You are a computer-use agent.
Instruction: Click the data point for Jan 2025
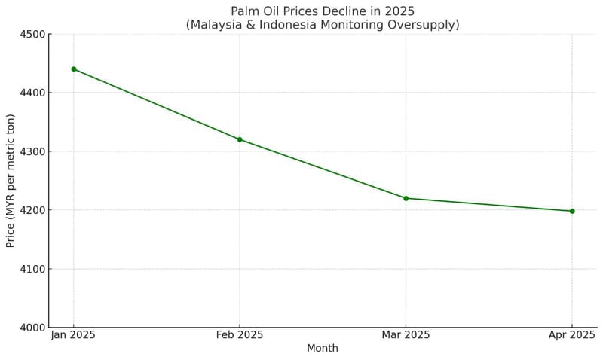coord(74,69)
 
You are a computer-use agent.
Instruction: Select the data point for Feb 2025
coord(240,139)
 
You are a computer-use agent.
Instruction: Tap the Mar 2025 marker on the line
coord(406,198)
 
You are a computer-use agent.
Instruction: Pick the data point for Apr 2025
coord(572,211)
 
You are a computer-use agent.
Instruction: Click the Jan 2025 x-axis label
coord(73,335)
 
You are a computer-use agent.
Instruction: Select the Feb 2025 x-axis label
coord(240,335)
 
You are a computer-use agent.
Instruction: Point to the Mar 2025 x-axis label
coord(406,335)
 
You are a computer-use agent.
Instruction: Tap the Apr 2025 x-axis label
coord(571,335)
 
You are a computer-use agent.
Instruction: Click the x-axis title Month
coord(323,349)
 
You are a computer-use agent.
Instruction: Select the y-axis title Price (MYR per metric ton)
coord(11,181)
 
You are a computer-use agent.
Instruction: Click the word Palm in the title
coord(244,11)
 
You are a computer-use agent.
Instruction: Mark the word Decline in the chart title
coord(342,11)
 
